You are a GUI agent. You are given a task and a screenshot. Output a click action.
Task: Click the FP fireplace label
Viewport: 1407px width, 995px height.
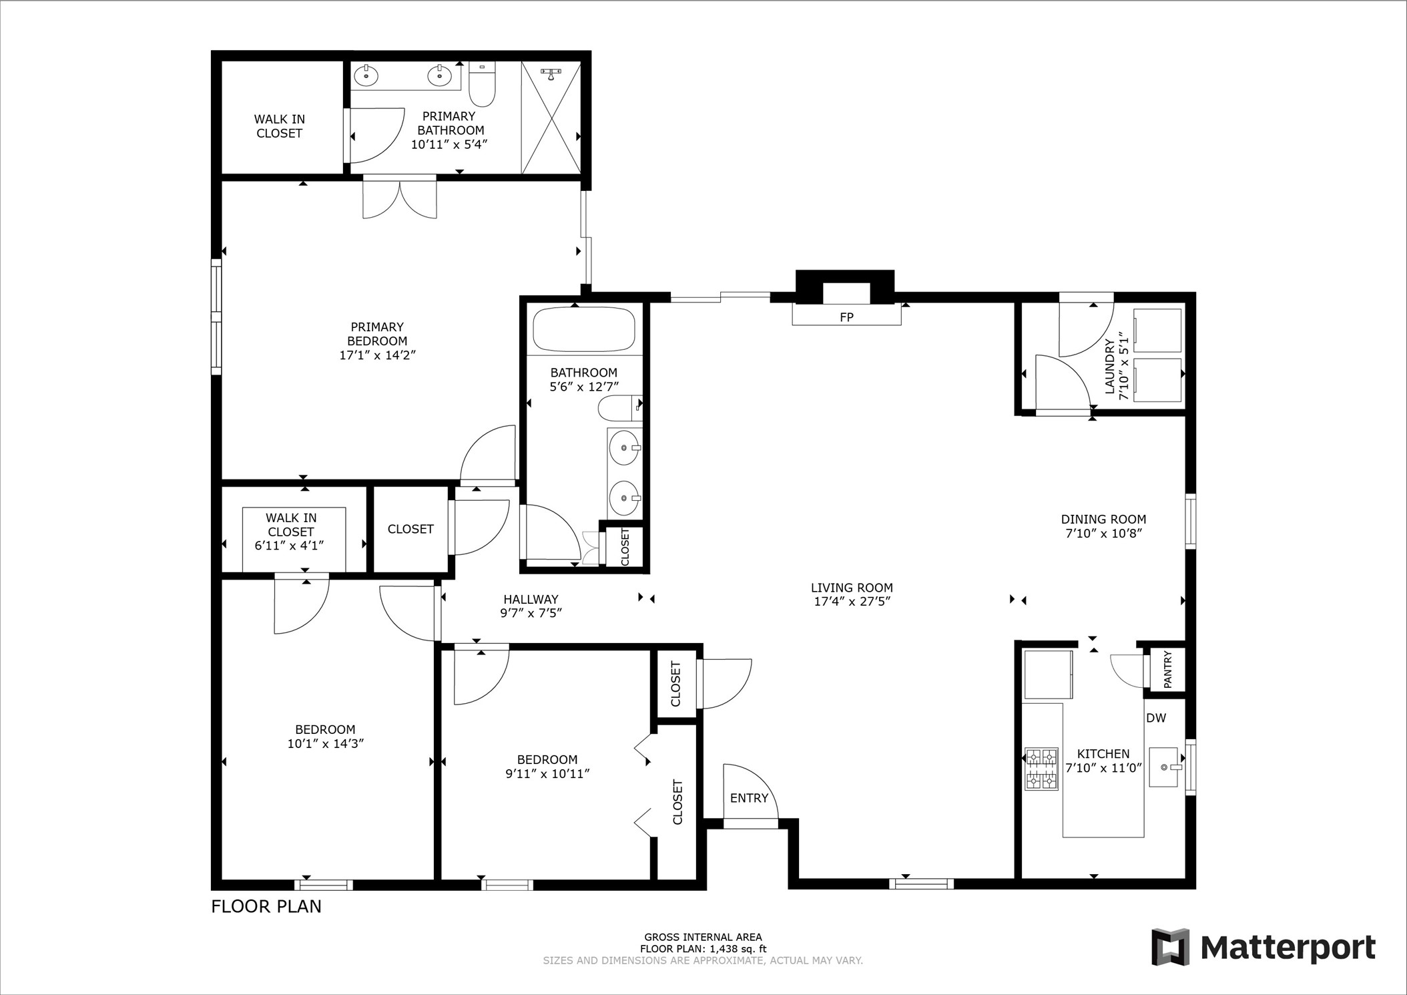[846, 317]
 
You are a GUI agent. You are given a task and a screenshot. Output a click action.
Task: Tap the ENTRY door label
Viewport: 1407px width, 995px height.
[749, 798]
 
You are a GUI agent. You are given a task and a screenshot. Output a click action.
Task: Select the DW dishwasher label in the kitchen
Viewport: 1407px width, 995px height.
[1156, 718]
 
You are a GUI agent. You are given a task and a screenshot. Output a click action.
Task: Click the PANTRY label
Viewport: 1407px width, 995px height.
[1167, 670]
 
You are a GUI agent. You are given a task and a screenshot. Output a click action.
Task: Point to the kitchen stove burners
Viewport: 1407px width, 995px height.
[1041, 769]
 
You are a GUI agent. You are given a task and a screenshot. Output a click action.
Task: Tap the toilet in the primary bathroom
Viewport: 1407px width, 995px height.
[482, 85]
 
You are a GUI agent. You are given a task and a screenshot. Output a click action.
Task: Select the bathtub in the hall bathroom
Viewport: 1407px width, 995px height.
[583, 329]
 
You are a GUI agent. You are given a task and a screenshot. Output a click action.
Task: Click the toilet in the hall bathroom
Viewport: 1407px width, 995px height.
[618, 408]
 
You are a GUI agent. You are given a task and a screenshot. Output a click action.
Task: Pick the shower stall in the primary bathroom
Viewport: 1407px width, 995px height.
[551, 118]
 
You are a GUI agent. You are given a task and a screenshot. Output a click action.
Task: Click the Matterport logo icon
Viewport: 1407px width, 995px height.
[1170, 947]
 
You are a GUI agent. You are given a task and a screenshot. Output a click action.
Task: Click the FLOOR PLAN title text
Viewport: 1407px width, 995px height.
[266, 906]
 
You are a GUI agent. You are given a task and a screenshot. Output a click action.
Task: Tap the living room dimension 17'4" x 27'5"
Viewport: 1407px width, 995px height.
[852, 601]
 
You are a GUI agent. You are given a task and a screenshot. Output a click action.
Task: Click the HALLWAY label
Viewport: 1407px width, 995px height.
[531, 599]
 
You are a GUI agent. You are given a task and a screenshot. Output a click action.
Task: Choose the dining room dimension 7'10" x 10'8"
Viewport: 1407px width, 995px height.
[1103, 533]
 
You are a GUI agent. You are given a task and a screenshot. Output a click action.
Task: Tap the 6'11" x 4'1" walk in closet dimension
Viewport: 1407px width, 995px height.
[290, 545]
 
